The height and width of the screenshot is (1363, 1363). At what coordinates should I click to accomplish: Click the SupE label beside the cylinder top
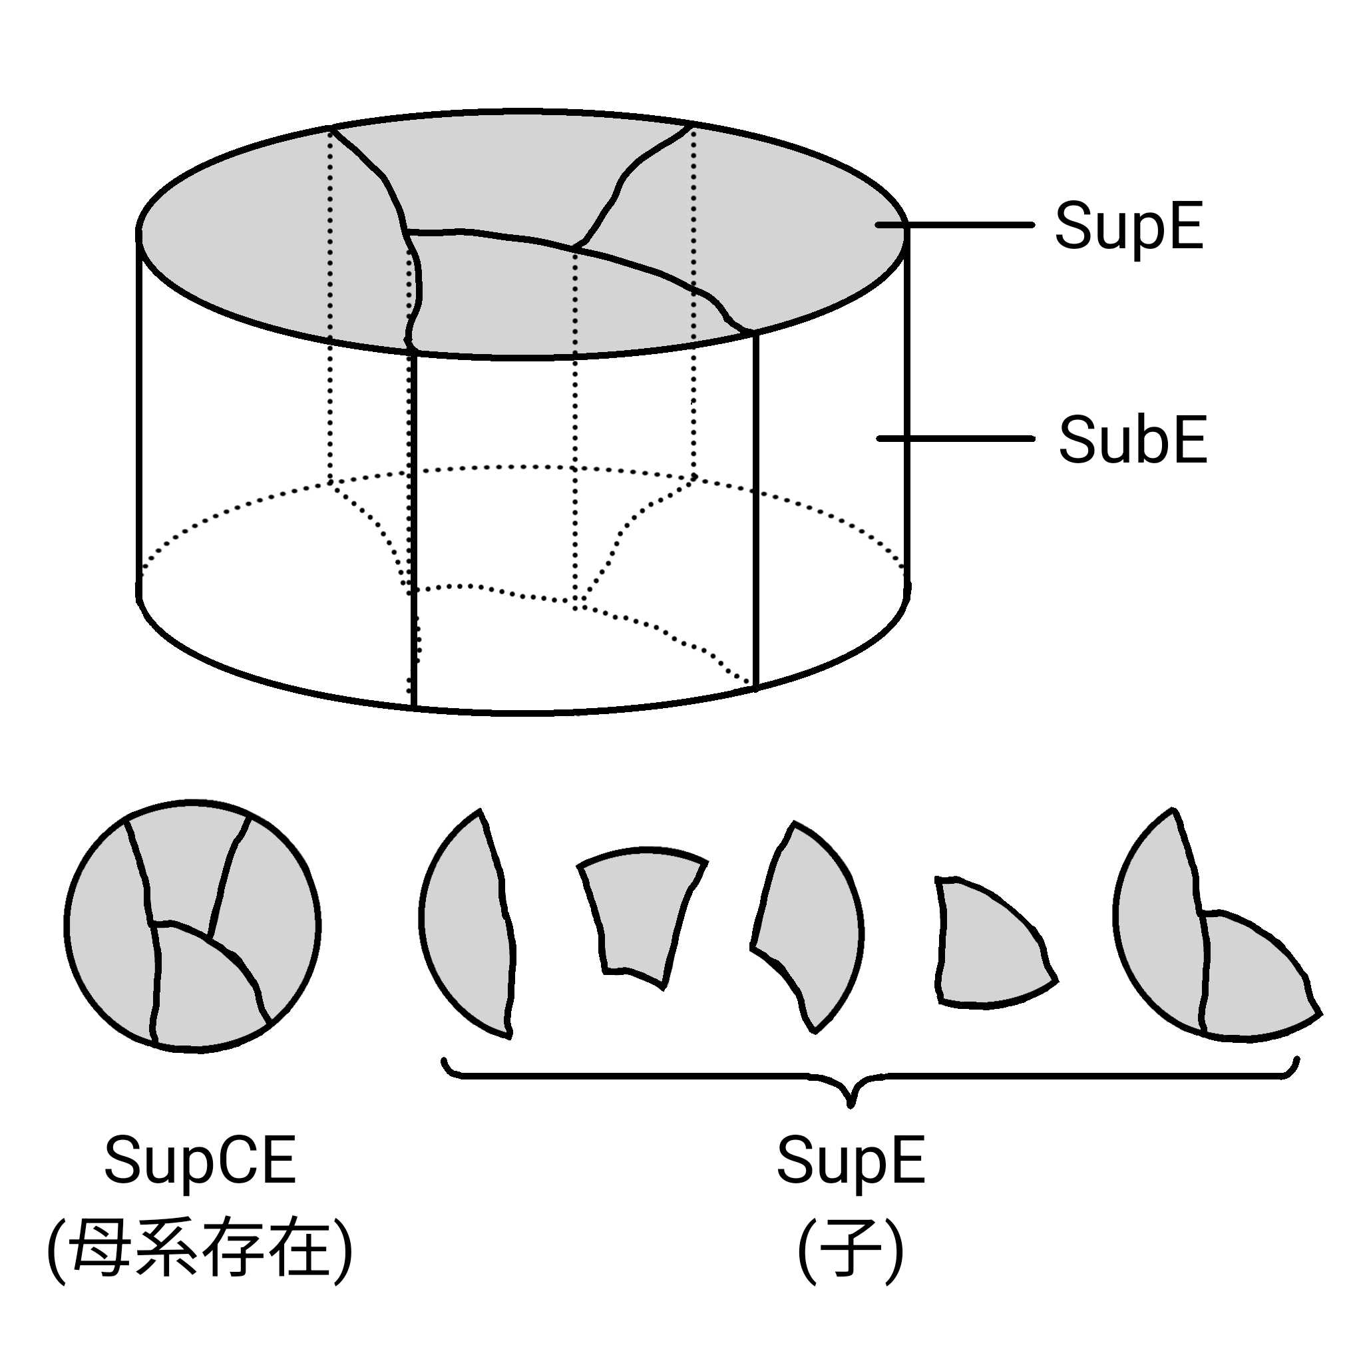click(1128, 226)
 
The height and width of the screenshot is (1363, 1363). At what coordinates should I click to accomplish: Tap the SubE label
click(1132, 439)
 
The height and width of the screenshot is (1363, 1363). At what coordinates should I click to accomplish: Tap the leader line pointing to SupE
click(956, 225)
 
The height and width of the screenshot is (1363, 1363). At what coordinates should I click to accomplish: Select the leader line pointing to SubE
click(956, 439)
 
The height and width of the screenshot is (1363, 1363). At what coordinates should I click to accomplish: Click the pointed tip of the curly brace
click(851, 1101)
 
